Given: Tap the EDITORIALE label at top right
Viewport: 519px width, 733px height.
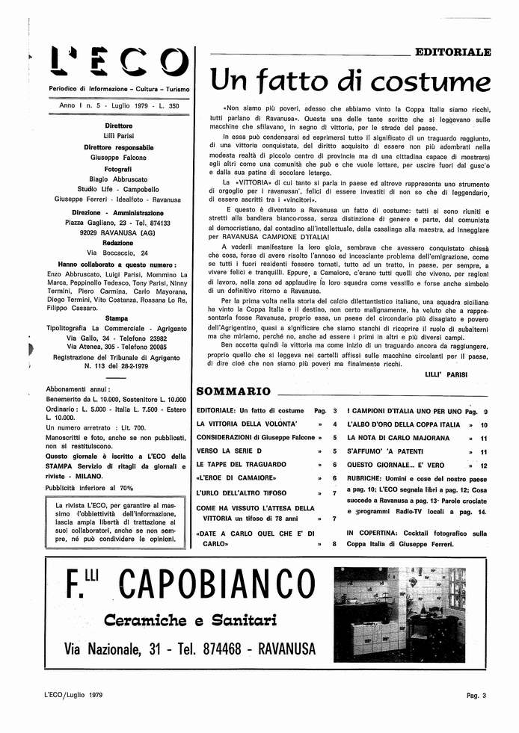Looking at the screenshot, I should [x=452, y=52].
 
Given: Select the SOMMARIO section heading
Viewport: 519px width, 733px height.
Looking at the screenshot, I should [x=233, y=391].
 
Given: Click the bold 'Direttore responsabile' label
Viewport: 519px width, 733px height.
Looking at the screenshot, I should [x=119, y=148].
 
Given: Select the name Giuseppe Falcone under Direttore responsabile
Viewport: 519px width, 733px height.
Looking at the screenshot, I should [x=119, y=158].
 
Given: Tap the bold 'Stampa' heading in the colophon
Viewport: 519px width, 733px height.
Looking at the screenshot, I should [x=119, y=318].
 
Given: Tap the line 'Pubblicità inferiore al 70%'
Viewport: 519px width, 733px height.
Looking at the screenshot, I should [x=89, y=487].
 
